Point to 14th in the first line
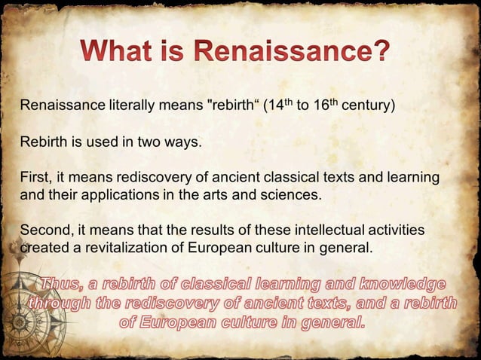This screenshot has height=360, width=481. point(277,104)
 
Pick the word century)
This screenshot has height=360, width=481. point(369,105)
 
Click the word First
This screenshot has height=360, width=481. point(33,178)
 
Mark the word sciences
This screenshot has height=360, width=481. point(294,194)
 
